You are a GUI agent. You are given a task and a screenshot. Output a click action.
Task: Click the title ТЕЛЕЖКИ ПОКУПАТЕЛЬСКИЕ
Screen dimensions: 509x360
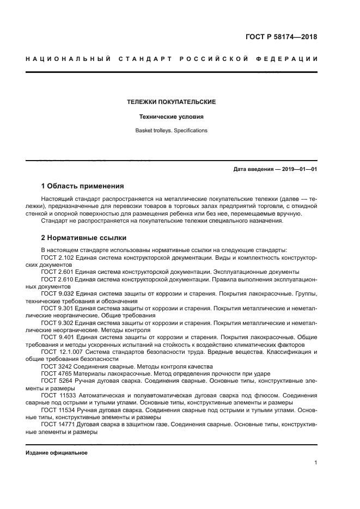[x=172, y=102]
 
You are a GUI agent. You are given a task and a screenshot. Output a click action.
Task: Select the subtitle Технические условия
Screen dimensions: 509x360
[x=172, y=116]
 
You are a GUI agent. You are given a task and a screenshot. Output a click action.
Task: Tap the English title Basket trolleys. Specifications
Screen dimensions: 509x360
[x=172, y=131]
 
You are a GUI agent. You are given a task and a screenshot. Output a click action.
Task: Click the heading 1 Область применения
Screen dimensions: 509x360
[x=83, y=186]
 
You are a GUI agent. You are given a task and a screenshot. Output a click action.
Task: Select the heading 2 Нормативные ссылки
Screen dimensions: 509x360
[x=84, y=238]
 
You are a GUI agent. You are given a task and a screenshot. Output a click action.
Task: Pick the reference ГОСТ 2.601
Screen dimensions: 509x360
[x=58, y=271]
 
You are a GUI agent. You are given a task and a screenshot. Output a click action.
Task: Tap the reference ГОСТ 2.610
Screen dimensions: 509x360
[x=58, y=278]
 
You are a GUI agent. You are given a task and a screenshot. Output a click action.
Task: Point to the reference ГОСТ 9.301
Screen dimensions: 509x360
[x=58, y=308]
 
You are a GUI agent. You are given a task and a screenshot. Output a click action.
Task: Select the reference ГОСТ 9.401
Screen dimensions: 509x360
[x=58, y=338]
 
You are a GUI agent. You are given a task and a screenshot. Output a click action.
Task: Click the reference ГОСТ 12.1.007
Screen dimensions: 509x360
[x=62, y=352]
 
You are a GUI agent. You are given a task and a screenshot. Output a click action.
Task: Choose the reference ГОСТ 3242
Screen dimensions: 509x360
[x=56, y=366]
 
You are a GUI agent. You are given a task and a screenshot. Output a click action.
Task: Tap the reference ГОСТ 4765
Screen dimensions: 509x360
[x=56, y=373]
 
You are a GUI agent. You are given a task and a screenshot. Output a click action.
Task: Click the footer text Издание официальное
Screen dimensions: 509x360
[x=57, y=452]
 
